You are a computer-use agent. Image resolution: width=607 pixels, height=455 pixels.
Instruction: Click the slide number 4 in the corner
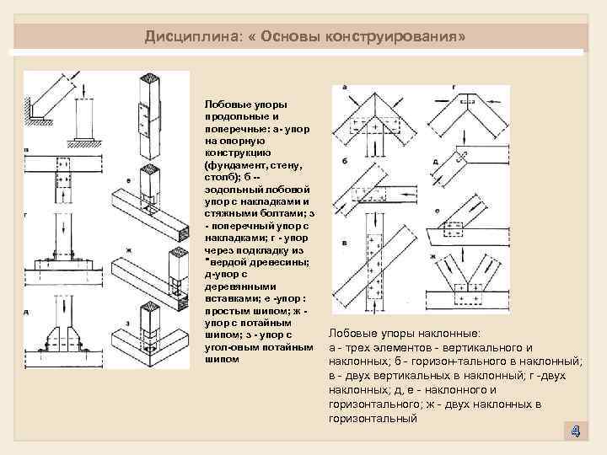574,431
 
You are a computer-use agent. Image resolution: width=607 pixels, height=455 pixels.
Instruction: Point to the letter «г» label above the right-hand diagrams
454,87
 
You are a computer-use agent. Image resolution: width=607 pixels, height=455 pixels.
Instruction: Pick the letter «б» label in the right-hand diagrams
345,159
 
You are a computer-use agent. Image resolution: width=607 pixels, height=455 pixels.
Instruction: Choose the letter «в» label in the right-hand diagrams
345,243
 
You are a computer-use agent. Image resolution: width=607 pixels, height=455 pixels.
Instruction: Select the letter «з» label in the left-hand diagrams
126,322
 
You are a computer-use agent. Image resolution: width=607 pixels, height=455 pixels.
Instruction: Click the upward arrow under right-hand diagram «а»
370,148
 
